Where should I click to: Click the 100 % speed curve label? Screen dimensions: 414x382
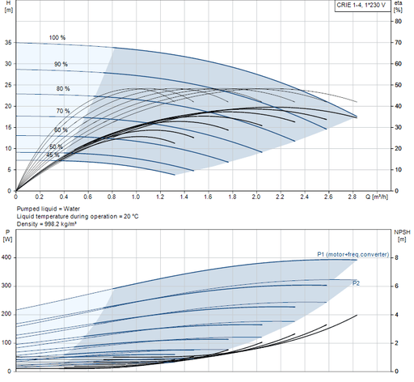(x=57, y=37)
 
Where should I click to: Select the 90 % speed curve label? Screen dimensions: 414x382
(x=61, y=64)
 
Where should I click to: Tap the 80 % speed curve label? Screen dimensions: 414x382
(x=63, y=89)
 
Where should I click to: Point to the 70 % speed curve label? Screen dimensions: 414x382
(x=63, y=111)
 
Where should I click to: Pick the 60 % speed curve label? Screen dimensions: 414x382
(x=61, y=130)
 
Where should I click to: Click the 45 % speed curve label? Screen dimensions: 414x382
(x=53, y=155)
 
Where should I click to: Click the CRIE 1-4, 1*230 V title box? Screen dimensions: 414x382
(x=362, y=6)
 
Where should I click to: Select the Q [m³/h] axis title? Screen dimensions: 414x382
(x=377, y=197)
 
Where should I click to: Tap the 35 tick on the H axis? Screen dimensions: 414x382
(x=8, y=43)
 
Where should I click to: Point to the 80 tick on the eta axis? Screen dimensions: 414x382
(x=398, y=21)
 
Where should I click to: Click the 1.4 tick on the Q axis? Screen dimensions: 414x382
(x=184, y=197)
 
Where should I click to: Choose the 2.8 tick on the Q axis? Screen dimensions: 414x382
(x=353, y=197)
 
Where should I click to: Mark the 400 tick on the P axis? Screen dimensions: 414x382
(x=6, y=257)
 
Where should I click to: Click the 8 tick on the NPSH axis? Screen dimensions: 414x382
(x=396, y=258)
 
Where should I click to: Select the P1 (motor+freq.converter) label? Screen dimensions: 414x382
(x=353, y=254)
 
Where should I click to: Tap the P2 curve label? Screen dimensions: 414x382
(x=356, y=283)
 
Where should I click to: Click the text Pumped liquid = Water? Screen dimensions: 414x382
(x=49, y=209)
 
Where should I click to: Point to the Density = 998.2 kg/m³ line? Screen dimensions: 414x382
(x=47, y=224)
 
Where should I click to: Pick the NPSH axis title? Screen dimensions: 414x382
(x=402, y=236)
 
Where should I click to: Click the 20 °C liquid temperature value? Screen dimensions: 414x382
(x=131, y=216)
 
